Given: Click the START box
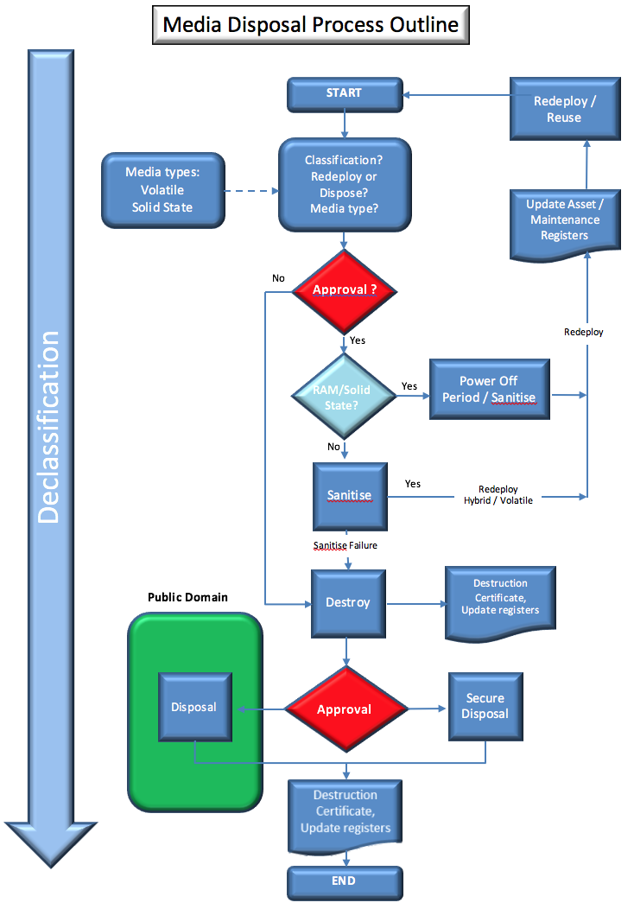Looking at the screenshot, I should click(345, 94).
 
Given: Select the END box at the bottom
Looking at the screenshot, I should click(345, 882).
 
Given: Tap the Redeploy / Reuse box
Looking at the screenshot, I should click(564, 109).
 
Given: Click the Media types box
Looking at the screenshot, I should click(162, 190).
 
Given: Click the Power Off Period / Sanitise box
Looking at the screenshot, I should click(489, 390).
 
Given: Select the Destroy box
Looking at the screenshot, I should click(348, 602).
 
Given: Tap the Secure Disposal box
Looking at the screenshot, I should click(485, 706).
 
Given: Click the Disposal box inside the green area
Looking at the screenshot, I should click(194, 707).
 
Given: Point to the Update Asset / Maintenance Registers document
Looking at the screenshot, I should click(564, 220).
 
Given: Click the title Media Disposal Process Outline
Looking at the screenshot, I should click(311, 25).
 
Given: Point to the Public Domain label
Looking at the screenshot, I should click(187, 597).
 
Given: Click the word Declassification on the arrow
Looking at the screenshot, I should click(50, 427).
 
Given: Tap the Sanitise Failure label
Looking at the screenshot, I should click(345, 545).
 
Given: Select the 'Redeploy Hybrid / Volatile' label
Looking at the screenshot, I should click(498, 494).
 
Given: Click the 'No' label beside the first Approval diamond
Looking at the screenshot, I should click(278, 278).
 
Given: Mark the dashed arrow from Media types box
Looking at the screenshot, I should click(250, 191).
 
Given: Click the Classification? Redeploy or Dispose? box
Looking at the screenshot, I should click(345, 185).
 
